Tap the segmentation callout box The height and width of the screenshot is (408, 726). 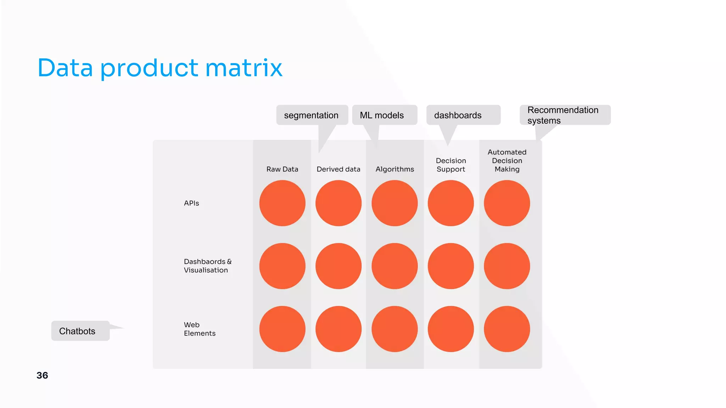[x=312, y=115]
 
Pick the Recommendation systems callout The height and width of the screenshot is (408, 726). [x=564, y=115]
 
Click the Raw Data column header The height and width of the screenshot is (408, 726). [x=282, y=169]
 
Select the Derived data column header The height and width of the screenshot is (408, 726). [x=338, y=169]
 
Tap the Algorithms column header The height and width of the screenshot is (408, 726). [x=395, y=169]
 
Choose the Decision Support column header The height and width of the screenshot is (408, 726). [x=451, y=165]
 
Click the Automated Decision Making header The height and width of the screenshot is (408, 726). [x=507, y=161]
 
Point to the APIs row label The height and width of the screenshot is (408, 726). [x=191, y=203]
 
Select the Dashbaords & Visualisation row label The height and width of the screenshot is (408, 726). [x=207, y=266]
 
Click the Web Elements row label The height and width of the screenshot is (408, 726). [x=200, y=329]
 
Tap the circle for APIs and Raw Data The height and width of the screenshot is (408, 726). [x=282, y=203]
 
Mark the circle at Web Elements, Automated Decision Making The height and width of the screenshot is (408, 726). [x=507, y=329]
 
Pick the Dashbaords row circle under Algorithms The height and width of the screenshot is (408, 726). [x=395, y=266]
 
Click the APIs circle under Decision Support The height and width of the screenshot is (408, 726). [x=451, y=203]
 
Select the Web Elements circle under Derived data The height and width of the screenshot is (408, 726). [x=338, y=329]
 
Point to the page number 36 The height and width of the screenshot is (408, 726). [x=42, y=375]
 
